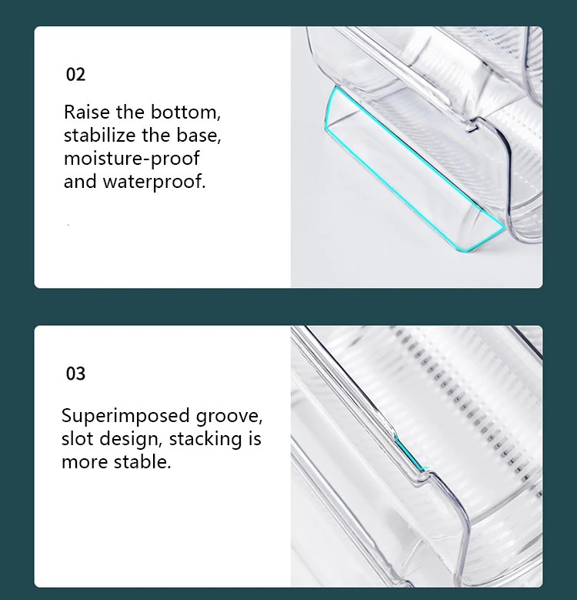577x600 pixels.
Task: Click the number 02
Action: [x=75, y=74]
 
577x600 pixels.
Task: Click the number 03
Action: [x=75, y=374]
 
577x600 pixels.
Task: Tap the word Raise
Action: [x=87, y=112]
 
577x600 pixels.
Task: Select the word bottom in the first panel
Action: [x=185, y=112]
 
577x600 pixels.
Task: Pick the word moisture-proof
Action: [x=132, y=159]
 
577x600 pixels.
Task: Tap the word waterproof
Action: [x=154, y=182]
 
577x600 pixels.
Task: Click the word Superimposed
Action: [x=125, y=417]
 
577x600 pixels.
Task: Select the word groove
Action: [x=229, y=417]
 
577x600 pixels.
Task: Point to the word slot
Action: [x=77, y=438]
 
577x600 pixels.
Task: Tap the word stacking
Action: [x=205, y=439]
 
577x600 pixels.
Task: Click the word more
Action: [x=85, y=462]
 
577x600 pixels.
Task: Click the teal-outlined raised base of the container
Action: [x=414, y=169]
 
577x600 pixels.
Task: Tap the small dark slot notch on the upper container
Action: [x=472, y=128]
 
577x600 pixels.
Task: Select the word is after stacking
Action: [x=255, y=438]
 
